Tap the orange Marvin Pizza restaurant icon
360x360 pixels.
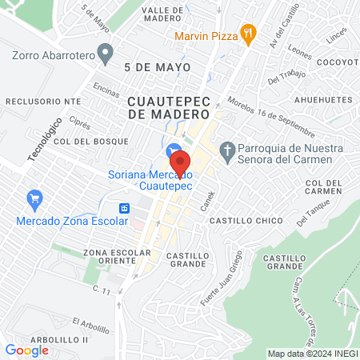pos(249,34)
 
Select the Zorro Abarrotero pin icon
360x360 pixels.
pos(104,54)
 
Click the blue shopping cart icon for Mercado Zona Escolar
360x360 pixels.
pos(34,198)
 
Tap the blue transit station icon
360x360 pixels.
pos(125,208)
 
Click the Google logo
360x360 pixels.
pos(26,350)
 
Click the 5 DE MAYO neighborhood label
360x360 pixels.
pos(158,68)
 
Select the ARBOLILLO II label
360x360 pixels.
pos(38,340)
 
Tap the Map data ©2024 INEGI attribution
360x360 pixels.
pos(312,354)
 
